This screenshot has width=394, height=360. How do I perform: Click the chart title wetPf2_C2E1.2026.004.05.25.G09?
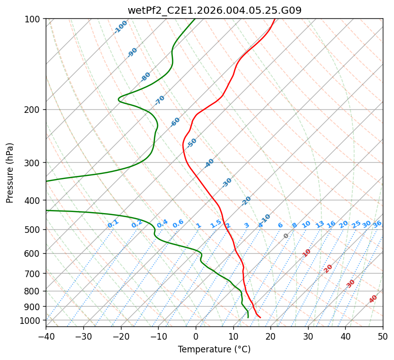(x=214, y=10)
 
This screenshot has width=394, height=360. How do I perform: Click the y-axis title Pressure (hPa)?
(x=10, y=173)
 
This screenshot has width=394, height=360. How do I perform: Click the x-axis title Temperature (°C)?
(x=214, y=350)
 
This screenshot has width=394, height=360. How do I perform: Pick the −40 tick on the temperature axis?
(x=46, y=337)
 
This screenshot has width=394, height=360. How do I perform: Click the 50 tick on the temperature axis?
(x=383, y=337)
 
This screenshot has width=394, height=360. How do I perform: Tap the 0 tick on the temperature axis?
(x=196, y=337)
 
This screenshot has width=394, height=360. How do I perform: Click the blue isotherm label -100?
(x=120, y=27)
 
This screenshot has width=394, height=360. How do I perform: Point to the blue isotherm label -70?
(x=160, y=100)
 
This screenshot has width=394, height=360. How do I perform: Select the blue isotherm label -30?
(x=227, y=183)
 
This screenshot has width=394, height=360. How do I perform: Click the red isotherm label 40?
(x=373, y=299)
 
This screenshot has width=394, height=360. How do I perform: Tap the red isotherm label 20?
(x=328, y=268)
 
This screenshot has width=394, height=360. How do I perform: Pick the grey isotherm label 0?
(x=286, y=236)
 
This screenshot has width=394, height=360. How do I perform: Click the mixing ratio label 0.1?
(x=113, y=223)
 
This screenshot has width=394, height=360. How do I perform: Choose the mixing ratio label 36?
(x=377, y=224)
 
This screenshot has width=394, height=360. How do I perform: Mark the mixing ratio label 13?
(x=320, y=224)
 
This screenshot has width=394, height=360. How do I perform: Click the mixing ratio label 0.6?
(x=178, y=224)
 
